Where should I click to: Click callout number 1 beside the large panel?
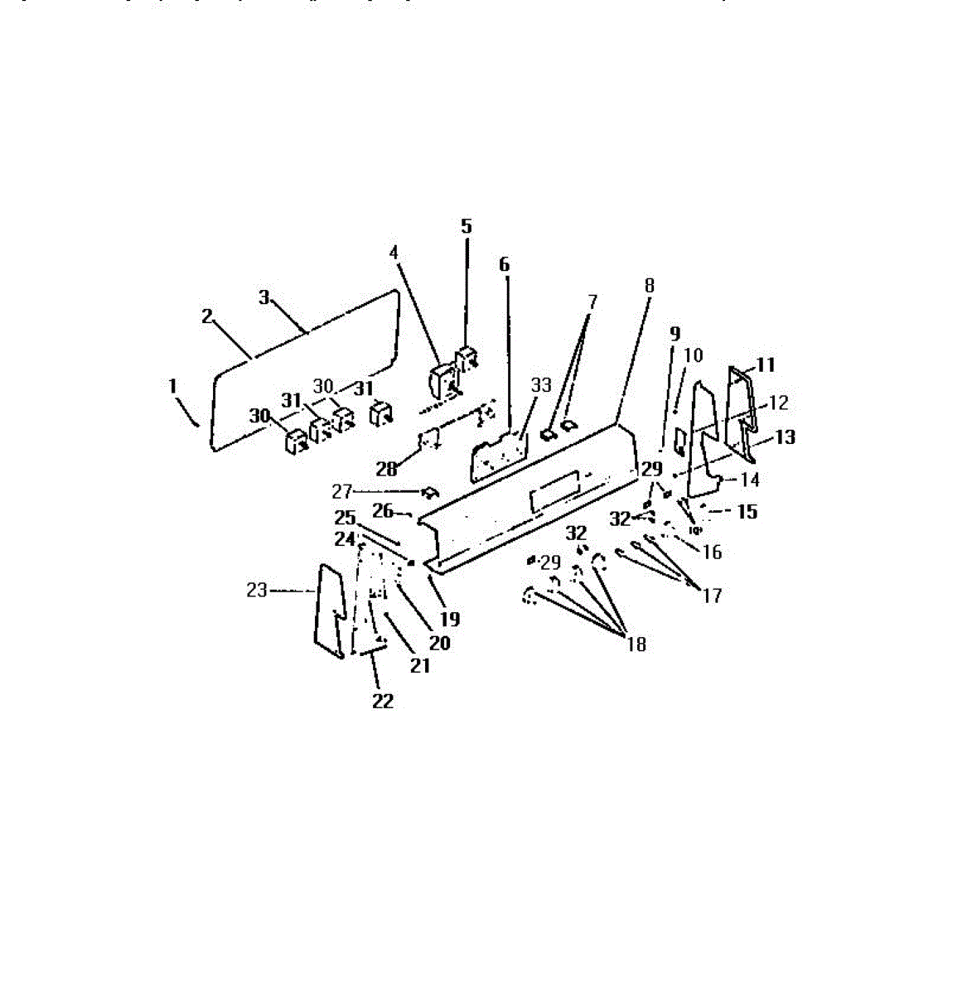coord(172,386)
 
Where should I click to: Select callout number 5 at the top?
coord(466,226)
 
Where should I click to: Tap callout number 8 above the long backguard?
coord(649,285)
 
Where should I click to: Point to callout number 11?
coord(766,365)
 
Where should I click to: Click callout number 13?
coord(785,437)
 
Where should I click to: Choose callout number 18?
coord(636,644)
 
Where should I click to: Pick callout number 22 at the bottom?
coord(382,701)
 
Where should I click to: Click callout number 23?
coord(257,591)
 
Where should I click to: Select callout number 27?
coord(343,491)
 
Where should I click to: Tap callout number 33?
coord(540,385)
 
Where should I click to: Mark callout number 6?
coord(504,264)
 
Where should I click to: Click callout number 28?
coord(386,469)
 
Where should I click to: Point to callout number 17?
coord(712,595)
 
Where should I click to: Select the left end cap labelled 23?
coord(329,611)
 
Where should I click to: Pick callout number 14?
coord(750,480)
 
